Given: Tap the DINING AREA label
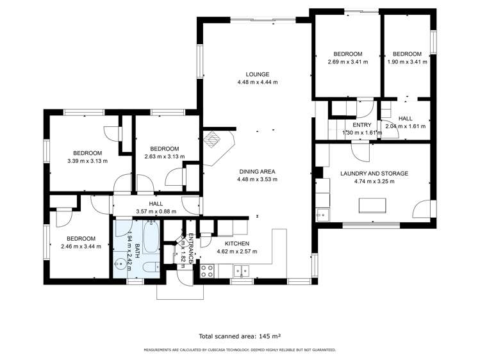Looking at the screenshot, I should pos(257,171).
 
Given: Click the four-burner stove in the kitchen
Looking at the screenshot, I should pos(207,271).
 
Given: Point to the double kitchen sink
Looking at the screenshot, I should pos(242,270).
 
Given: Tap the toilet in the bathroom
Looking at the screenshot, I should pos(148,268).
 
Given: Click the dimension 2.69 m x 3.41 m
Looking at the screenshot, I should pos(347,61).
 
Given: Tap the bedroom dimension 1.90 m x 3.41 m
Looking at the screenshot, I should pos(406,61).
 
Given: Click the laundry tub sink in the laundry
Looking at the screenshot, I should pos(322,215).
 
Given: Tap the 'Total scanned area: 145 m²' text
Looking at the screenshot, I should pos(240,336).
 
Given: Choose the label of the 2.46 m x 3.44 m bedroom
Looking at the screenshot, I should pos(81,238).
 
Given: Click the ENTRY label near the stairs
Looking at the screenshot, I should pos(361,125).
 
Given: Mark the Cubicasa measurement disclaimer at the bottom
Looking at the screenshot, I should pos(240,350).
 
